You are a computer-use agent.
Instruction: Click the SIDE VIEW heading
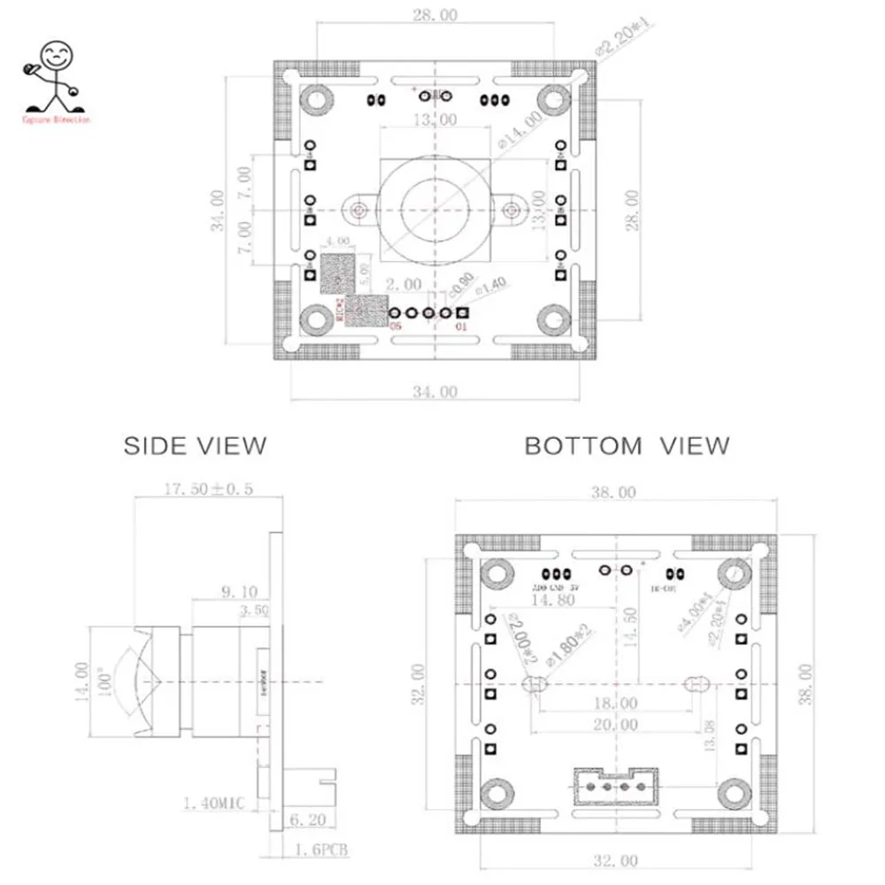(195, 444)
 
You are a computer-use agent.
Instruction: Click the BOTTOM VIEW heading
(627, 445)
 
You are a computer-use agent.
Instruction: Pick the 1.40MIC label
(212, 804)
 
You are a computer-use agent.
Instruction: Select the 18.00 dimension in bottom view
(616, 704)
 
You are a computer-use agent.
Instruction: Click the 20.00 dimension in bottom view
(616, 725)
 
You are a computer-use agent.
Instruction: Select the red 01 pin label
(461, 327)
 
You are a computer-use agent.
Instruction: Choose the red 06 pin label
(395, 327)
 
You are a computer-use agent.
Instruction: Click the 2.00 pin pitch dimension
(404, 284)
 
